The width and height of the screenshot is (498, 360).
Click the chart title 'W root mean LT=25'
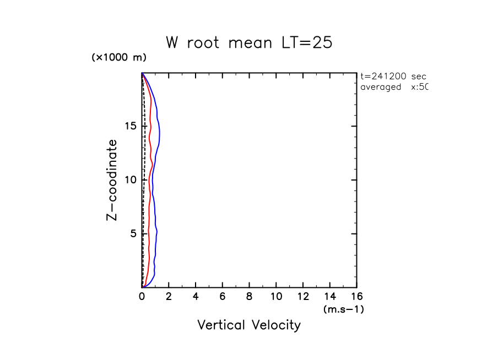click(x=249, y=43)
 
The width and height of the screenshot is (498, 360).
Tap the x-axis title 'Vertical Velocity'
click(x=249, y=325)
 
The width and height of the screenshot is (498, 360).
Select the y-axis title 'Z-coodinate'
click(x=112, y=180)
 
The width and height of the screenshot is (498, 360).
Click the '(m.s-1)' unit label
click(x=343, y=309)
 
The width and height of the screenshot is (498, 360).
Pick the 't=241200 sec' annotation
click(x=393, y=77)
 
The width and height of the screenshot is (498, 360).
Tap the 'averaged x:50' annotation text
click(x=393, y=87)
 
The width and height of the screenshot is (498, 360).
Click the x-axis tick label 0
click(x=142, y=298)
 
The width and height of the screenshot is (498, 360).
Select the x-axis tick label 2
click(x=169, y=298)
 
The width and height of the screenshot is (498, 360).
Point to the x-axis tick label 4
click(x=196, y=298)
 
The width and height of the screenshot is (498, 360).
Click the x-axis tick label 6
click(x=223, y=298)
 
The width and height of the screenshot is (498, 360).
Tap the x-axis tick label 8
click(x=250, y=298)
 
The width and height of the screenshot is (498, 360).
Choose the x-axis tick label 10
click(x=276, y=298)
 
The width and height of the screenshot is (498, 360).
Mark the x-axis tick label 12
click(x=303, y=298)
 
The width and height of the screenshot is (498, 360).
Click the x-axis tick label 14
click(x=330, y=298)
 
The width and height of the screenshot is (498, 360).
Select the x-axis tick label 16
click(x=356, y=298)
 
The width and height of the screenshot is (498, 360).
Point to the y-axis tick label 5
click(x=132, y=234)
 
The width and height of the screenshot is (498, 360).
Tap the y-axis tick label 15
click(x=129, y=127)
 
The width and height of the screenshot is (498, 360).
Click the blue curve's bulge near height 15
click(x=160, y=131)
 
